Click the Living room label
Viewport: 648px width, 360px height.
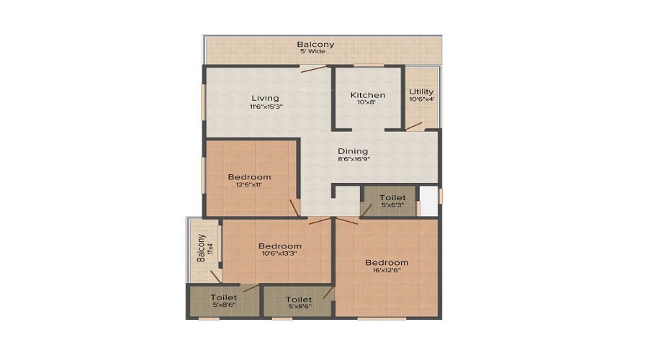click(265, 98)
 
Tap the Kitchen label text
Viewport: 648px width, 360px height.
click(368, 95)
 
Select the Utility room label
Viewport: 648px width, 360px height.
click(421, 91)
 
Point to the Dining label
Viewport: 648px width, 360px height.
click(353, 151)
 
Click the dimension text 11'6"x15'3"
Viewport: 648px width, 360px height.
click(266, 107)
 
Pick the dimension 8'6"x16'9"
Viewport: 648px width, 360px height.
click(353, 159)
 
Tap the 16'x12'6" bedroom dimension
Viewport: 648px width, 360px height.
click(387, 270)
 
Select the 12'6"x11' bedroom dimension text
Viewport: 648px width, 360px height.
click(249, 185)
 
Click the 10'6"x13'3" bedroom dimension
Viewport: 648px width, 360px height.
click(279, 253)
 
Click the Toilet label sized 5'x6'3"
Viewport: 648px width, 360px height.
click(392, 197)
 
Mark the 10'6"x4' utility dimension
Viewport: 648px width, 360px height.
click(421, 99)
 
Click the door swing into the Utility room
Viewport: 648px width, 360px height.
click(413, 126)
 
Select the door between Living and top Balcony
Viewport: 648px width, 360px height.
click(314, 68)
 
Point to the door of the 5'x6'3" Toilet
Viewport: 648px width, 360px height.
click(366, 210)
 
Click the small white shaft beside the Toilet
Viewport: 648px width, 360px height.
click(429, 201)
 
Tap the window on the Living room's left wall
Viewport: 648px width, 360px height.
click(203, 102)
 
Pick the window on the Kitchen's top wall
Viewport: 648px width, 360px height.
click(369, 66)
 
